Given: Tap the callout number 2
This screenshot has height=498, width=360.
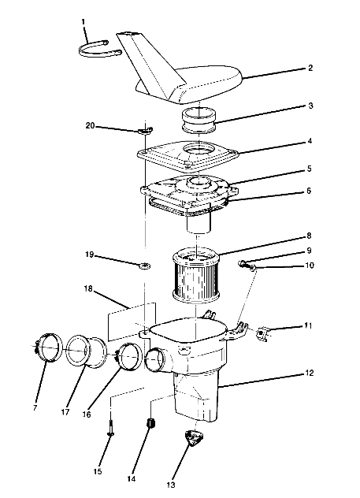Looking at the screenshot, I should click(311, 69).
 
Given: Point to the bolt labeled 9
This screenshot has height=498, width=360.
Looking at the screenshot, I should click(245, 264).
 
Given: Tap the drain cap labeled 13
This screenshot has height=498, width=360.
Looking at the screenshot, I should click(193, 439).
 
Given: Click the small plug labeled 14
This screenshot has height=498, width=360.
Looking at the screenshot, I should click(147, 426).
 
